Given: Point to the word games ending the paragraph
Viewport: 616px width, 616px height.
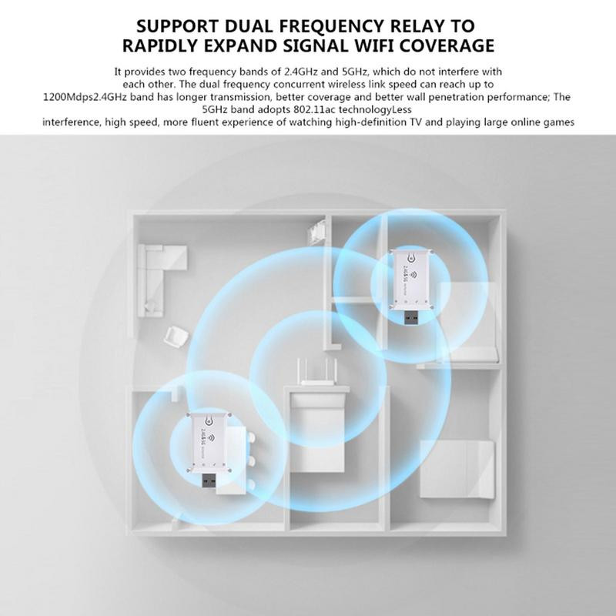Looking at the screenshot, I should tap(557, 122).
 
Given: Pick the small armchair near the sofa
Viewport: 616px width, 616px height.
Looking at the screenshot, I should tap(175, 336).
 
